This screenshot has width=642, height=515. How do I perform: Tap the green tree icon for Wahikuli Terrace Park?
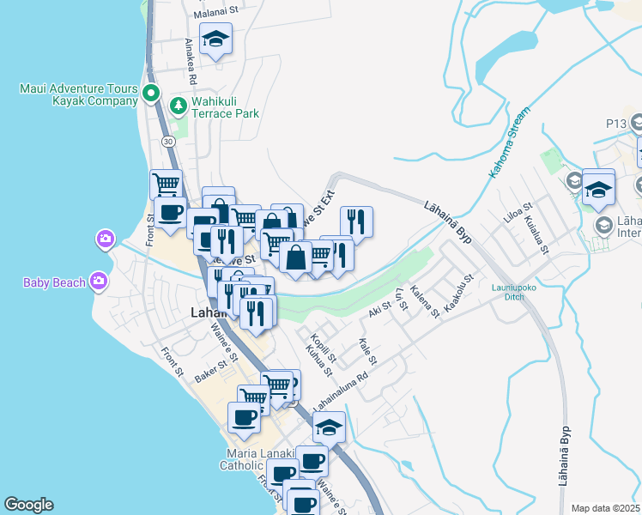pyautogui.click(x=178, y=106)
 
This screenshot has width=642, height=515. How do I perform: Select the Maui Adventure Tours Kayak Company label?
pyautogui.click(x=77, y=94)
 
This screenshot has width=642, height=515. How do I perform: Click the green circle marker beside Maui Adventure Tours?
pyautogui.click(x=152, y=94)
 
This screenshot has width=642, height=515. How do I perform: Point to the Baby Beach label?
pyautogui.click(x=54, y=282)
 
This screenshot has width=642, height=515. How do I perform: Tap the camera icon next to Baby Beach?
pyautogui.click(x=99, y=281)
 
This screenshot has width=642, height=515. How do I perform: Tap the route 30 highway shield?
pyautogui.click(x=168, y=141)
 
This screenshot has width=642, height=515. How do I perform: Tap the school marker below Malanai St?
pyautogui.click(x=215, y=39)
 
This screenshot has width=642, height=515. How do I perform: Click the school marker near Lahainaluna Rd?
pyautogui.click(x=329, y=427)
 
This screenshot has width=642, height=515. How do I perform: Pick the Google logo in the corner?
pyautogui.click(x=28, y=505)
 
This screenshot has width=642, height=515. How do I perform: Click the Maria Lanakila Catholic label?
pyautogui.click(x=254, y=459)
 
